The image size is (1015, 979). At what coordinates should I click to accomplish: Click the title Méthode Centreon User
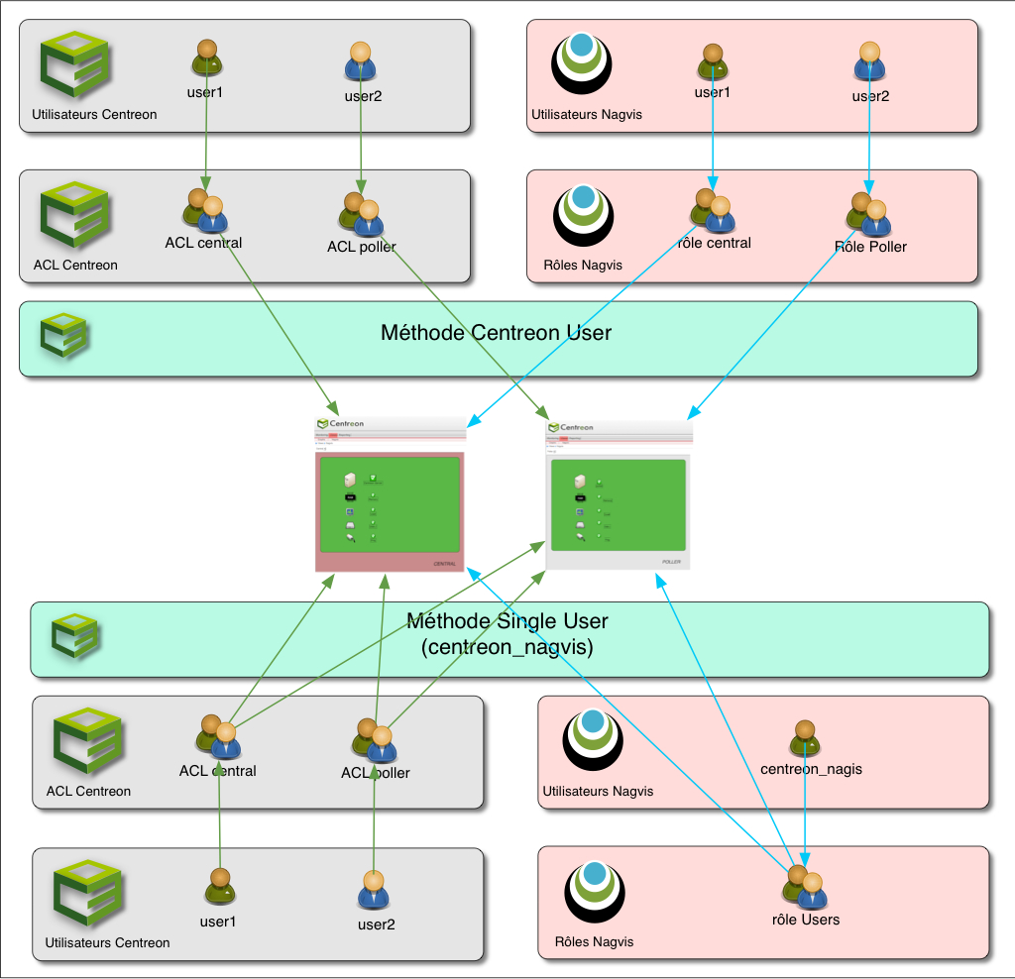pos(496,333)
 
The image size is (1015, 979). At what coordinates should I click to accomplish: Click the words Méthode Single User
pos(507,622)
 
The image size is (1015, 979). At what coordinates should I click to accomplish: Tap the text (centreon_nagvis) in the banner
pos(507,648)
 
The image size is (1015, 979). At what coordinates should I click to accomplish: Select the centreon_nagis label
pos(811,769)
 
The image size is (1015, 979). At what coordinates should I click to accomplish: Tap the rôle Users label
pos(805,920)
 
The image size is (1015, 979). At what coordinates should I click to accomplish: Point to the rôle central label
pos(714,243)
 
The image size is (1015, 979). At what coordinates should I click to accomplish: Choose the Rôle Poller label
pos(870,246)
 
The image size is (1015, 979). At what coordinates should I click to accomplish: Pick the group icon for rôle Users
pos(805,886)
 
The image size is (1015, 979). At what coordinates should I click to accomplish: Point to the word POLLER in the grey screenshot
pos(671,561)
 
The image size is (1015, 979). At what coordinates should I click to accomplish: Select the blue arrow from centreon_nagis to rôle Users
pos(805,813)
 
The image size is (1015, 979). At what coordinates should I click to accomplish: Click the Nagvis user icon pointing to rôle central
pos(711,60)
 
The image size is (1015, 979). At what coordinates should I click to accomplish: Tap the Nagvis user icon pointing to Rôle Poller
pos(869,60)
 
